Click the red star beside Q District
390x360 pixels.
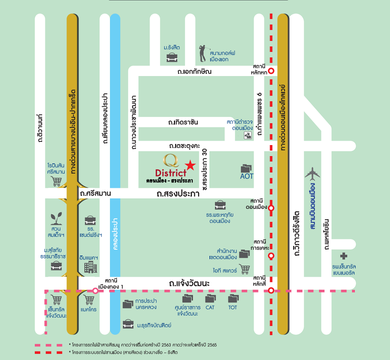(190, 165)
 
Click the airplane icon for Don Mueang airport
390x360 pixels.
(312, 174)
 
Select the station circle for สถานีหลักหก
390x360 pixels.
(271, 71)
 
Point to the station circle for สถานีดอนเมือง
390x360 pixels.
(271, 208)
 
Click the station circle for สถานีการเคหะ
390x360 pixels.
(271, 256)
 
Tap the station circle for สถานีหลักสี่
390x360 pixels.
(271, 290)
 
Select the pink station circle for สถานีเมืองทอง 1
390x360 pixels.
(95, 291)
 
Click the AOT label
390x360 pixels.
(246, 176)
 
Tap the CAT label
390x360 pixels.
(210, 307)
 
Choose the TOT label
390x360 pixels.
(232, 307)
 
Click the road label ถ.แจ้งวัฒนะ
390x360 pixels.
(189, 283)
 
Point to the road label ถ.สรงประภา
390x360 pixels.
(178, 193)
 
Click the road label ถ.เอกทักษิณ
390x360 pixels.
(195, 72)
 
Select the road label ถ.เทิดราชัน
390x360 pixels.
(183, 122)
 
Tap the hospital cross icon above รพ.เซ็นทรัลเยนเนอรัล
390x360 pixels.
(344, 256)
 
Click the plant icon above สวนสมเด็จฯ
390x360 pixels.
(57, 219)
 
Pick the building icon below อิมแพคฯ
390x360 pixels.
(90, 268)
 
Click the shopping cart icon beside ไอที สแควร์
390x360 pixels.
(245, 269)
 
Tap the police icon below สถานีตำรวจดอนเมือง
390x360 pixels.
(248, 135)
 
